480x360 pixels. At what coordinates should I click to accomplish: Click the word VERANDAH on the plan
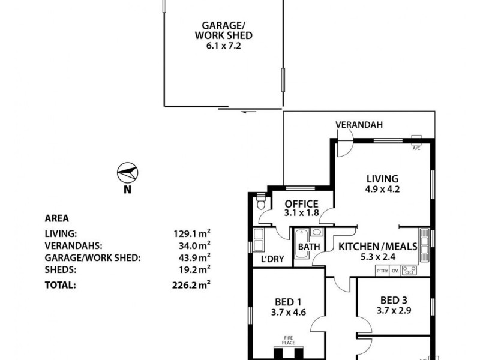[x=358, y=125]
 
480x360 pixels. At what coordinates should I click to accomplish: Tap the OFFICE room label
[x=301, y=203]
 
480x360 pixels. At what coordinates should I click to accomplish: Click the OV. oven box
[x=395, y=271]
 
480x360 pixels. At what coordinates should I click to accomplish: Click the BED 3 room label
[x=395, y=301]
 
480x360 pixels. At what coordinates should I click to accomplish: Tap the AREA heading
[x=56, y=218]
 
